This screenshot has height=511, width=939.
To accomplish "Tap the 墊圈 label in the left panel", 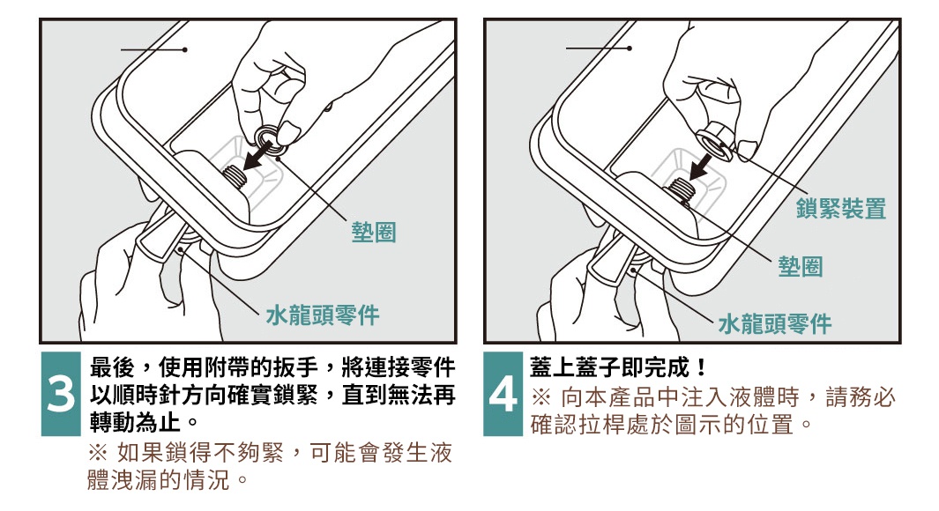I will (x=374, y=233).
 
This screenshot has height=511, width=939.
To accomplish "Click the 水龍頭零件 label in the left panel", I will (x=322, y=315).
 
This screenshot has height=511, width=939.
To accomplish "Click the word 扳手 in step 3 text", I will (x=296, y=367).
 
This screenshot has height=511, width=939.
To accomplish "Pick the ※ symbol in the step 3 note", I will (x=98, y=454).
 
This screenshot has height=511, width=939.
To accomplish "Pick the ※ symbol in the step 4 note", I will (x=540, y=396).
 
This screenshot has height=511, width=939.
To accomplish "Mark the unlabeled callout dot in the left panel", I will (x=184, y=49).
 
